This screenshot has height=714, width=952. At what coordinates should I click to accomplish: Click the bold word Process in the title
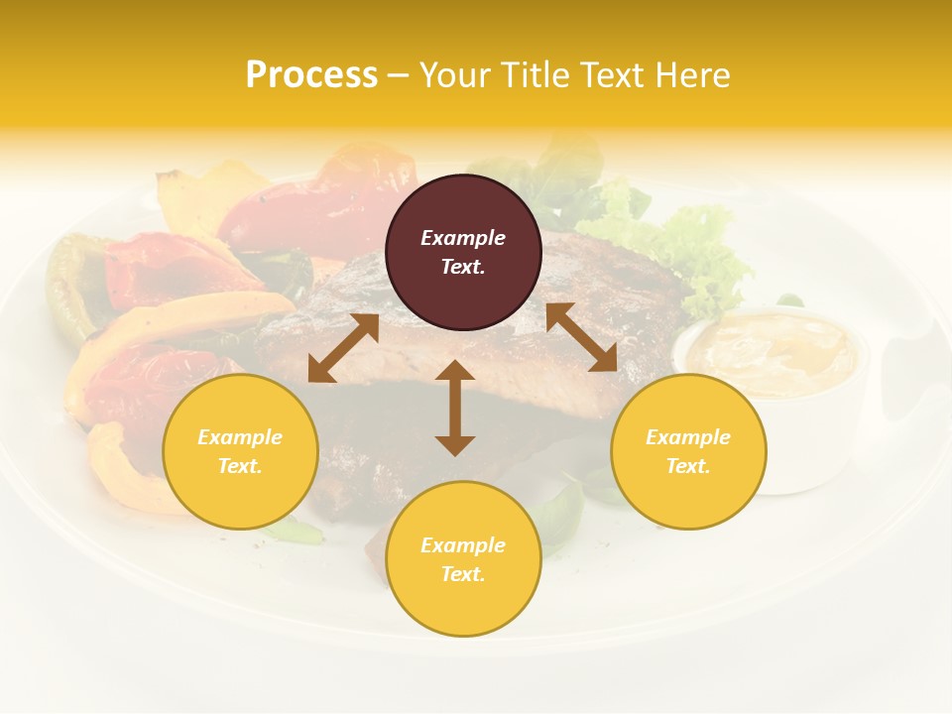(311, 75)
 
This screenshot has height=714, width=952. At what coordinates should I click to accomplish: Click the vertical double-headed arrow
(455, 408)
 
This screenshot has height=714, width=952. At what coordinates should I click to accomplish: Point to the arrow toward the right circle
(581, 337)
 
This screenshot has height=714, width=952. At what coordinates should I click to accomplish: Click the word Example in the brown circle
(463, 238)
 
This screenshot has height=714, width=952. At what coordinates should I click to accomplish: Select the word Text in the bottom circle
(463, 574)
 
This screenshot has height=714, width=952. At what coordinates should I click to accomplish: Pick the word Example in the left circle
(240, 437)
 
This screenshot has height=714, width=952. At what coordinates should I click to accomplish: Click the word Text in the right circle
(688, 466)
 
